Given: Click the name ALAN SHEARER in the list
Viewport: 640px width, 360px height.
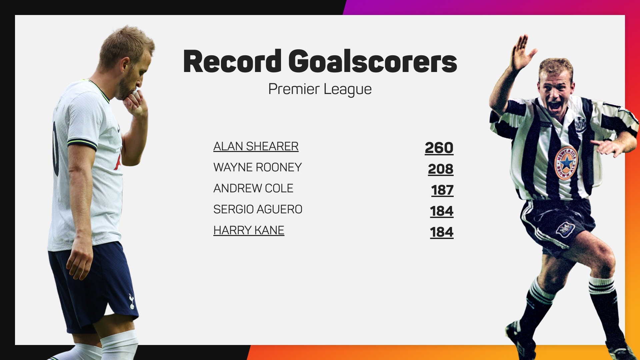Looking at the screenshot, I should click(x=256, y=146).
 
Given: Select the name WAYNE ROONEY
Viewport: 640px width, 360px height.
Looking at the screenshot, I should click(x=257, y=167).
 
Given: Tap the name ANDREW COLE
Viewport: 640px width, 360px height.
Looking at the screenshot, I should click(x=253, y=188).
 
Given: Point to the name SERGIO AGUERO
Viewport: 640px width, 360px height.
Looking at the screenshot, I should click(x=258, y=209).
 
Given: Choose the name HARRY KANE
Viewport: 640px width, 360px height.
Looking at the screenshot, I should click(x=249, y=230).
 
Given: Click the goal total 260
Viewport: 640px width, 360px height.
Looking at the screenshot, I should click(x=439, y=148).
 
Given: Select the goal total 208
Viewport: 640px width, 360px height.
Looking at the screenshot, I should click(x=440, y=169).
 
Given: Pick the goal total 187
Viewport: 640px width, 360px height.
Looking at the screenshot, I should click(x=442, y=190).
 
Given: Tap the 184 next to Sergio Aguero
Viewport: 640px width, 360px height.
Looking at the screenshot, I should click(x=441, y=211).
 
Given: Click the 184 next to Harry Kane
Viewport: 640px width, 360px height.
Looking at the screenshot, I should click(x=441, y=232).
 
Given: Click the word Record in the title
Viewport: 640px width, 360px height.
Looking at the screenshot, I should click(x=232, y=62).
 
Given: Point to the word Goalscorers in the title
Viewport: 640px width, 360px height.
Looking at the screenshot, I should click(x=372, y=62).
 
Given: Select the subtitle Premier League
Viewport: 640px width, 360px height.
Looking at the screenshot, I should click(x=320, y=89).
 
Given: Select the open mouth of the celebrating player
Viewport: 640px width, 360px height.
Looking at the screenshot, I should click(x=555, y=106).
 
